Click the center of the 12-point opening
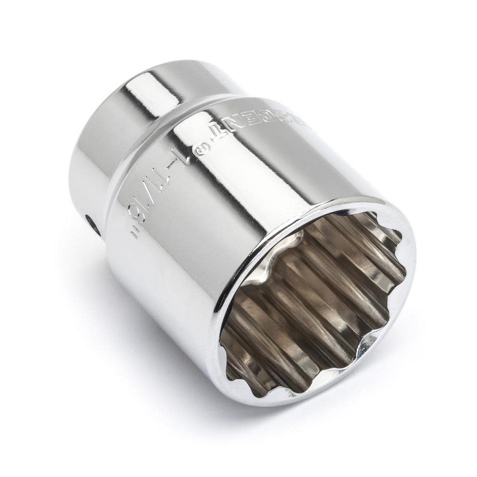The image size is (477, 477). (315, 305)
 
